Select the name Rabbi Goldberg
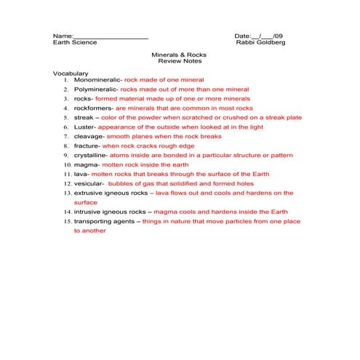pyautogui.click(x=261, y=43)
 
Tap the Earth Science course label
pyautogui.click(x=75, y=43)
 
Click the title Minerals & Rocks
pyautogui.click(x=179, y=55)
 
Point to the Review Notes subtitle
pyautogui.click(x=179, y=63)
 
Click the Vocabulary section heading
pyautogui.click(x=71, y=73)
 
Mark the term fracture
pyautogui.click(x=87, y=145)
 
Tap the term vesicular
pyautogui.click(x=89, y=184)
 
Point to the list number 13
pyautogui.click(x=66, y=193)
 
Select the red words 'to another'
pyautogui.click(x=89, y=231)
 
